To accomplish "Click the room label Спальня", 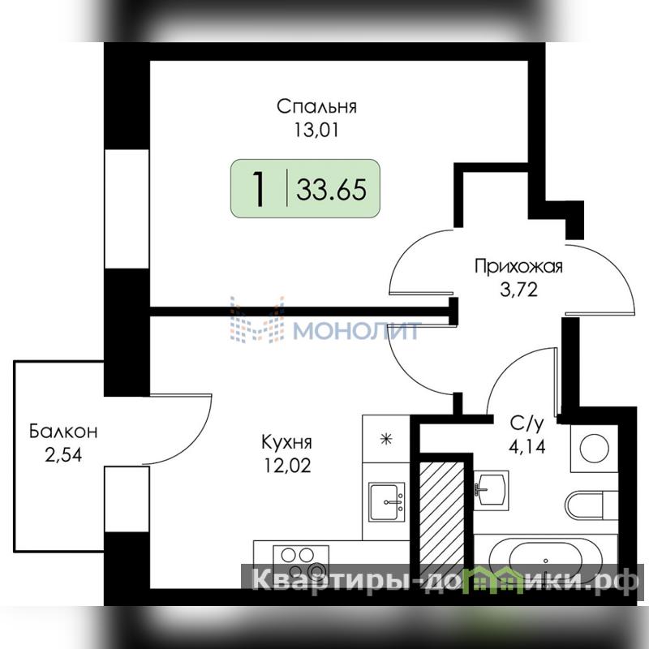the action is tap(316, 107).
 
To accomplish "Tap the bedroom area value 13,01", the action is tap(316, 130).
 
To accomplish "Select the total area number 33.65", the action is tap(332, 190).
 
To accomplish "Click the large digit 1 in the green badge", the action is tap(259, 189).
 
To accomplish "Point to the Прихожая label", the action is tap(518, 267).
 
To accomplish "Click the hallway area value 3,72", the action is tap(519, 290).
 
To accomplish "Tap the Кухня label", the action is tap(287, 442).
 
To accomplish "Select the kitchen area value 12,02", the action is tap(287, 466).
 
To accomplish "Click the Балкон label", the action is tap(63, 432).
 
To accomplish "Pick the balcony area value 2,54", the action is tap(63, 455).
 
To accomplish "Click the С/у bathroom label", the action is tap(527, 423).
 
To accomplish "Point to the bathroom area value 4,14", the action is tap(527, 447).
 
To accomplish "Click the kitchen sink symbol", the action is tap(387, 502).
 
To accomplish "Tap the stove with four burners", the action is tap(301, 562).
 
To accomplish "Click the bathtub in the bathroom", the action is tap(545, 559).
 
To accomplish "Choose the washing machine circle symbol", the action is tap(595, 448).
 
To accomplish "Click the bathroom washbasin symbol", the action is tap(491, 490).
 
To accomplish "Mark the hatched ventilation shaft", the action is tap(441, 525).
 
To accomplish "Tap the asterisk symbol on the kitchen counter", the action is tap(386, 439).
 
